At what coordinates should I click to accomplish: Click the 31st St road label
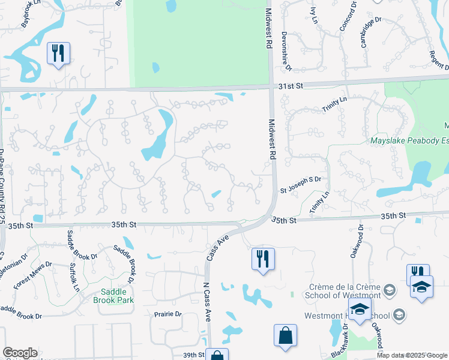coord(291,86)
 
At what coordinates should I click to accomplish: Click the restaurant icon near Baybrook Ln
coord(58,53)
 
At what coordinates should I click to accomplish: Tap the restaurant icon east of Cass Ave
coord(263,259)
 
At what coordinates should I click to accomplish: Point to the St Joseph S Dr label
coord(301,179)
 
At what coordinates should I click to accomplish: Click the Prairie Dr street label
coord(167,314)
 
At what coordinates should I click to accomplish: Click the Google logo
coord(20,353)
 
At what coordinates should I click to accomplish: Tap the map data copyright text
coord(411,355)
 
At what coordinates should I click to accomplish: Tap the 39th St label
coord(193,355)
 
